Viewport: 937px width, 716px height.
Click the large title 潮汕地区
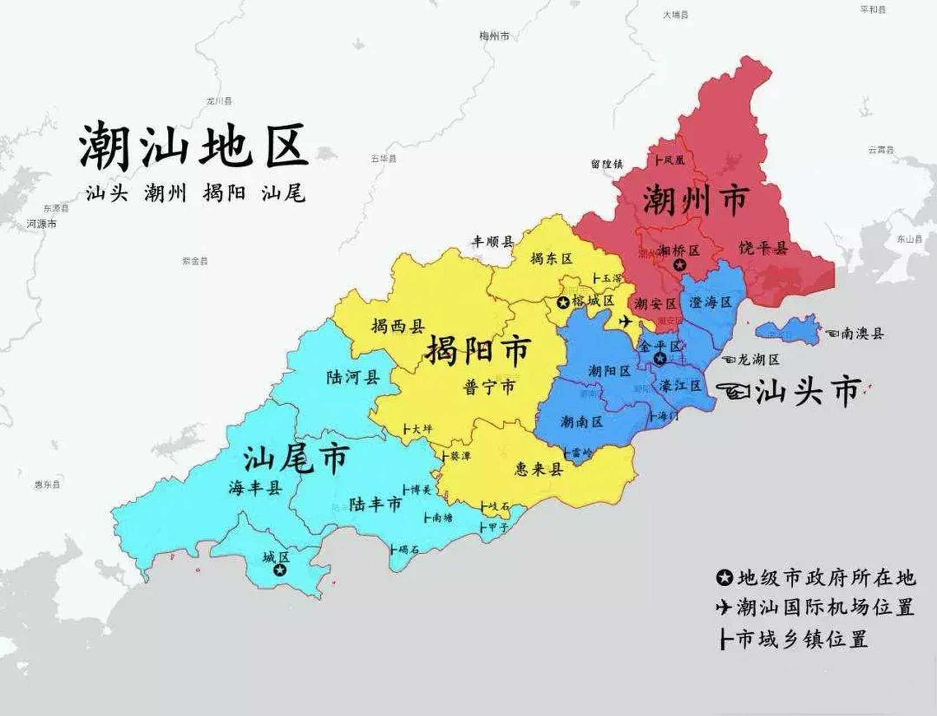click(193, 146)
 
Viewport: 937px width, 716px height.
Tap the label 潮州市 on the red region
click(696, 200)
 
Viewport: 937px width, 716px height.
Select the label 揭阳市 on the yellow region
click(477, 351)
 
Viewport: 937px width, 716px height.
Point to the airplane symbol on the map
click(626, 322)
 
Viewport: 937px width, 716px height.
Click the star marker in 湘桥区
click(680, 265)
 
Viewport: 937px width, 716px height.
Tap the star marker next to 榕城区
click(563, 303)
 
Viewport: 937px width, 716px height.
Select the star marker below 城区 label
click(279, 571)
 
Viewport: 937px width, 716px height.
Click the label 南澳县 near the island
click(862, 334)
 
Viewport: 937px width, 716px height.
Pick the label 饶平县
click(763, 248)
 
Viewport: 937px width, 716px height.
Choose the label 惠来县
click(538, 469)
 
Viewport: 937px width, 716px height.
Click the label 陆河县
click(353, 377)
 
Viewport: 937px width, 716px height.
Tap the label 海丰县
click(255, 488)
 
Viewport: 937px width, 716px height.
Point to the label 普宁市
click(489, 387)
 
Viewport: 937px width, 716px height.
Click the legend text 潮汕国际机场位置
click(825, 607)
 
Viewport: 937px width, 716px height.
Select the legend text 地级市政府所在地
click(825, 577)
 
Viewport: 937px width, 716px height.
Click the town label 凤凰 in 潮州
click(674, 161)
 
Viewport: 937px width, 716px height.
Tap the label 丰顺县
click(493, 242)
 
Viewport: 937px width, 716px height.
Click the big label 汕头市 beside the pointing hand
click(808, 392)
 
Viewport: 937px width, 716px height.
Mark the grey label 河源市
click(41, 224)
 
